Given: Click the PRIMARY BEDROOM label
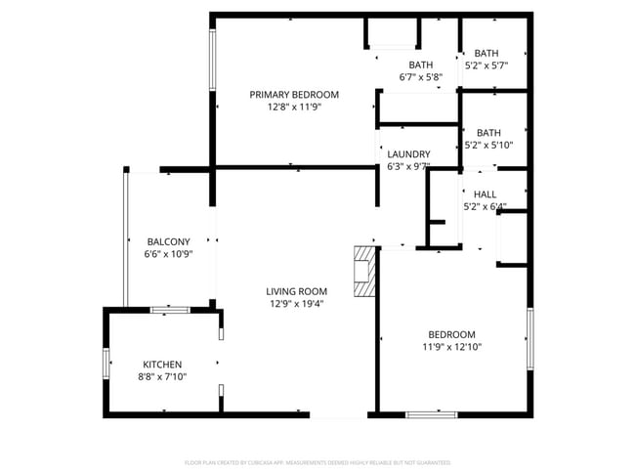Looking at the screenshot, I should pyautogui.click(x=294, y=95).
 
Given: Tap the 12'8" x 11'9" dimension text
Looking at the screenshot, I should pyautogui.click(x=294, y=107).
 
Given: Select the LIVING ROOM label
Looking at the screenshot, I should pyautogui.click(x=296, y=291).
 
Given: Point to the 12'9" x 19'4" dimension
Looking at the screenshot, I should pyautogui.click(x=296, y=304).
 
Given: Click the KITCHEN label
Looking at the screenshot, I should pyautogui.click(x=162, y=365).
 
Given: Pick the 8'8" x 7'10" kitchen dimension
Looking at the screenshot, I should pyautogui.click(x=162, y=377).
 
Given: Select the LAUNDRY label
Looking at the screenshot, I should pyautogui.click(x=408, y=154).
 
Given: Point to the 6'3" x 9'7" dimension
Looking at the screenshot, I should pyautogui.click(x=408, y=167).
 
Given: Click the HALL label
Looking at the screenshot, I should pyautogui.click(x=485, y=194).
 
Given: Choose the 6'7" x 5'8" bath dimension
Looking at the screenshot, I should pyautogui.click(x=421, y=77).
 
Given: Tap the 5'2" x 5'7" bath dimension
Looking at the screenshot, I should pyautogui.click(x=487, y=65).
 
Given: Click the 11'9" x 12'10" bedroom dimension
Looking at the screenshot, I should pyautogui.click(x=451, y=347).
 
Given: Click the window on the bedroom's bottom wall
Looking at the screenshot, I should pyautogui.click(x=431, y=415).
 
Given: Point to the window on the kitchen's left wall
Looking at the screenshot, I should pyautogui.click(x=106, y=362).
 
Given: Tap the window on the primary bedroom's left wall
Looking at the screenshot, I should pyautogui.click(x=212, y=61).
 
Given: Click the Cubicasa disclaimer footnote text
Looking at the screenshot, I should pyautogui.click(x=317, y=462).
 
